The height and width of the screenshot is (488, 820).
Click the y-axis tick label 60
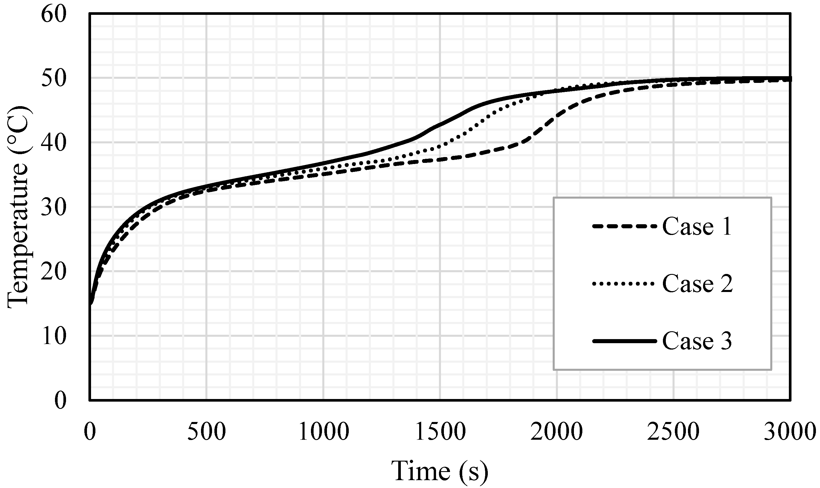click(x=54, y=15)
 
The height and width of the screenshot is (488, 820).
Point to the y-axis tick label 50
click(x=54, y=79)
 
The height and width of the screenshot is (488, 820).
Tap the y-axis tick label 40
click(x=54, y=143)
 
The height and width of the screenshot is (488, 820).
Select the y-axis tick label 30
click(x=54, y=208)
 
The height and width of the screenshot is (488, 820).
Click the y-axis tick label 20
click(x=54, y=272)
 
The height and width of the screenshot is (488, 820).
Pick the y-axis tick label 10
click(x=54, y=336)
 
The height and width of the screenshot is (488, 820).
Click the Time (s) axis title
click(x=440, y=471)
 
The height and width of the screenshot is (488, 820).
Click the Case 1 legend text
click(x=697, y=227)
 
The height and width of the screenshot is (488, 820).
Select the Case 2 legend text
click(x=697, y=284)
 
